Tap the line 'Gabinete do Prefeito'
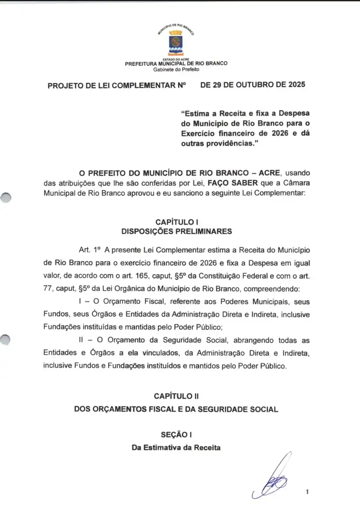tap(176, 70)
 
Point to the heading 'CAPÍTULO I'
tap(176, 222)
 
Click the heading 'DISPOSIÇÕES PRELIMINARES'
tap(176, 231)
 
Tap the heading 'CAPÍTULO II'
tap(176, 396)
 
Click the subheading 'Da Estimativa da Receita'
tap(176, 448)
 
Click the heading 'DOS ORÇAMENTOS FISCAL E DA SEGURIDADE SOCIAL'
tap(176, 409)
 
